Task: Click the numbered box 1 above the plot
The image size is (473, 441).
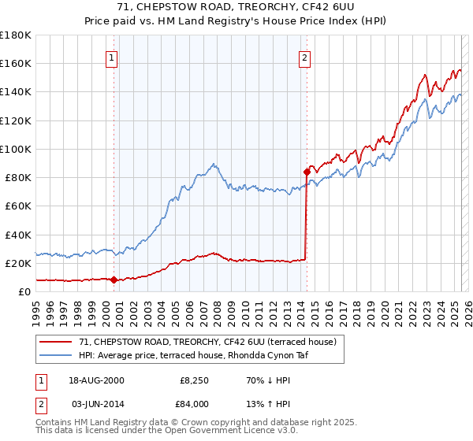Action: point(112,57)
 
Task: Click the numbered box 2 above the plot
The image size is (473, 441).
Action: point(304,57)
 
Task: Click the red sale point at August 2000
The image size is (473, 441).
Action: point(114,279)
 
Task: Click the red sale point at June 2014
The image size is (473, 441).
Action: point(307,171)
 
